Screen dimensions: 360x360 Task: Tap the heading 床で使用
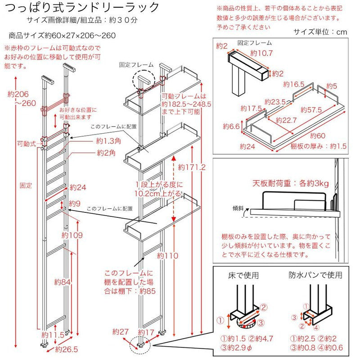[241, 275]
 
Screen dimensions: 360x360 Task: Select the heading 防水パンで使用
[315, 275]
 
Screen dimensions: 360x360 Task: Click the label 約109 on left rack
[72, 235]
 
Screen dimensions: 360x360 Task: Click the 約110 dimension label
[167, 256]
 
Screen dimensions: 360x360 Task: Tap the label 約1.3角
[107, 141]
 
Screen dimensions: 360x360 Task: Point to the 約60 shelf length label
[318, 135]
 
